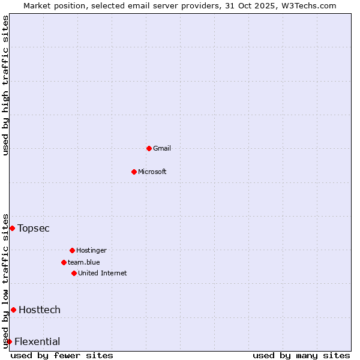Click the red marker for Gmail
(149, 148)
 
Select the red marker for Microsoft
(134, 172)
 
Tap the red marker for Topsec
(12, 228)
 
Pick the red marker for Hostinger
(72, 250)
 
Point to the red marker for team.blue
(64, 262)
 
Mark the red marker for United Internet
(74, 273)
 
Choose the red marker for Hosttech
(13, 310)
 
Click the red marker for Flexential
(9, 341)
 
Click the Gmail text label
(162, 148)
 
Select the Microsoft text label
(152, 172)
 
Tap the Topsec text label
(34, 228)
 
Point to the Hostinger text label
(91, 250)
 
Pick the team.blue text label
(84, 262)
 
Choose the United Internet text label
(103, 273)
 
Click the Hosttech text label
(40, 310)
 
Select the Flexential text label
(37, 341)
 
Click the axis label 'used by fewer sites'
(62, 355)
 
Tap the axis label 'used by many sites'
(301, 355)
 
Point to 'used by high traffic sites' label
(5, 85)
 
